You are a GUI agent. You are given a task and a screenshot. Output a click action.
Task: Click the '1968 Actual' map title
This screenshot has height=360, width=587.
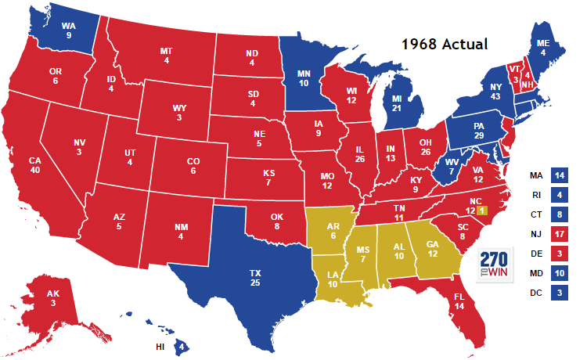pos(444,44)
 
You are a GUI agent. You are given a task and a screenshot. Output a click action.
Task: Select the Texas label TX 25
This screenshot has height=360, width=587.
pos(255,277)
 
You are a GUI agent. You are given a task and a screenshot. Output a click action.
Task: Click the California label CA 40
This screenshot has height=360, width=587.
pos(34,167)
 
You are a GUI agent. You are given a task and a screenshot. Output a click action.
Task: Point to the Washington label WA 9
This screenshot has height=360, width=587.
pos(69,30)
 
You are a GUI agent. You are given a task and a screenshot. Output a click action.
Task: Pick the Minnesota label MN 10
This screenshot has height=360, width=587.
pos(304,77)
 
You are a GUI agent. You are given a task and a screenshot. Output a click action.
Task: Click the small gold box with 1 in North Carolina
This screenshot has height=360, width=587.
pos(482,211)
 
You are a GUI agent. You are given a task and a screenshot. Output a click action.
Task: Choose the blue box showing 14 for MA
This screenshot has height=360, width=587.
pos(559,175)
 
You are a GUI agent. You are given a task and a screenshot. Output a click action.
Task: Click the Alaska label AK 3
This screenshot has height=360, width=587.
pos(52,298)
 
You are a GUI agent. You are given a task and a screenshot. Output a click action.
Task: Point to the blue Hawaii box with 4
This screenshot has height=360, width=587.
pos(182,345)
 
